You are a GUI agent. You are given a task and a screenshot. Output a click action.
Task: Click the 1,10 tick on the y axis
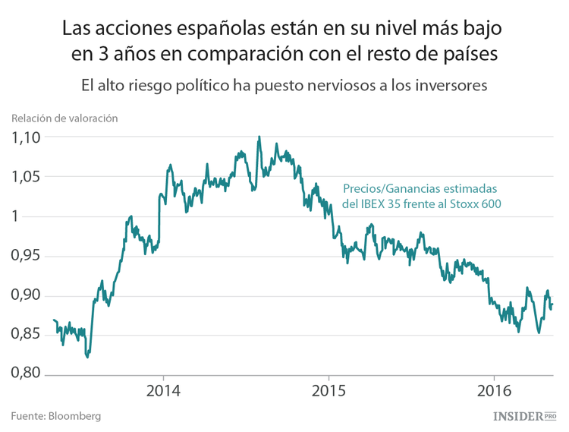point(25,137)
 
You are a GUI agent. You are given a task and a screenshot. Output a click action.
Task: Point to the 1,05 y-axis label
point(25,177)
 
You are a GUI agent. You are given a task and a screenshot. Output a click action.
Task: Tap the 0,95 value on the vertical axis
point(25,256)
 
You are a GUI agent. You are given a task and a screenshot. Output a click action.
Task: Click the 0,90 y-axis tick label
point(25,295)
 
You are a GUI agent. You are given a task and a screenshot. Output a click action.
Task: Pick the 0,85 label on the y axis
point(25,335)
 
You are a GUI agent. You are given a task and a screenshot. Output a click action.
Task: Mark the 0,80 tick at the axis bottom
point(25,374)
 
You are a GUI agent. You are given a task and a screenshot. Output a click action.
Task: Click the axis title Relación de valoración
point(64,118)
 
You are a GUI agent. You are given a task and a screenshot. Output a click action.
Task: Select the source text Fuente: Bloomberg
point(55,416)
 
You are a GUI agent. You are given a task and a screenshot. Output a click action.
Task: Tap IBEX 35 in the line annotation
point(384,203)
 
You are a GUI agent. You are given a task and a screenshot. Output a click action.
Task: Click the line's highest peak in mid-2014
point(259,137)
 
